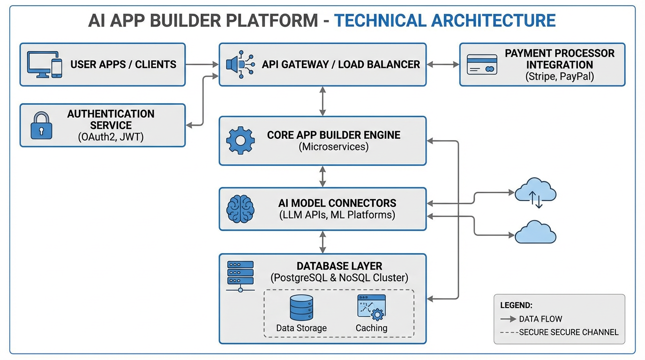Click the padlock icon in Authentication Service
click(41, 125)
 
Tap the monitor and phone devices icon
click(45, 65)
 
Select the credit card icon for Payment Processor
click(482, 65)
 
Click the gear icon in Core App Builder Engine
click(240, 140)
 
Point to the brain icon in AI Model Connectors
click(240, 209)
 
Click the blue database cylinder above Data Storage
click(301, 307)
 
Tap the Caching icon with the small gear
click(371, 307)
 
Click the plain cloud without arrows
click(535, 232)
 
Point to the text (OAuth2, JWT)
click(111, 137)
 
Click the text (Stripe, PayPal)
click(560, 77)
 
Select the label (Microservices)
click(333, 147)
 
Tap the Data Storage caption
click(301, 328)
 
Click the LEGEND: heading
click(516, 305)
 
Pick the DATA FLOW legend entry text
click(540, 319)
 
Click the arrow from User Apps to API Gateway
click(202, 64)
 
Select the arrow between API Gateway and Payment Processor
click(442, 64)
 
